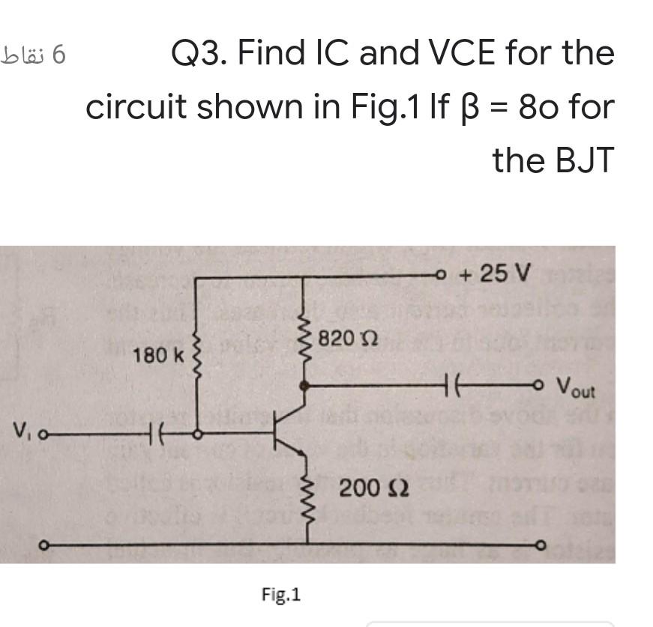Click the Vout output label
click(576, 390)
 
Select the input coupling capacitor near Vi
click(157, 433)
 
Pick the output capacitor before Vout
click(454, 387)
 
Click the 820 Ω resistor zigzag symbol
click(304, 339)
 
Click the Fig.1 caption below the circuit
click(281, 595)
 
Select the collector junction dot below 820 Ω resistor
click(304, 387)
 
